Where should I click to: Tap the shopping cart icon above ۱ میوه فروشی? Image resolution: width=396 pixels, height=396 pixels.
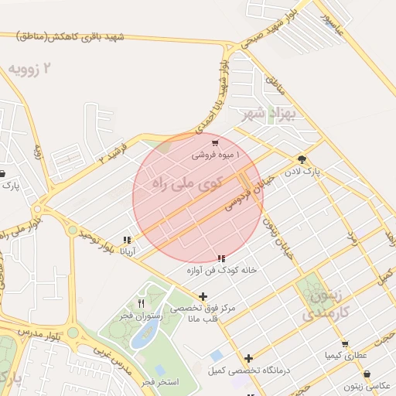pyautogui.click(x=215, y=143)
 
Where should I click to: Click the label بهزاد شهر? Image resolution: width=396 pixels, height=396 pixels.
pyautogui.click(x=269, y=116)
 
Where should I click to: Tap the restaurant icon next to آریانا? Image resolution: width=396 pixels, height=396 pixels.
pyautogui.click(x=127, y=241)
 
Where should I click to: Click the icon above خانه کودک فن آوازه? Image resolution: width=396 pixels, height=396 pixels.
pyautogui.click(x=222, y=258)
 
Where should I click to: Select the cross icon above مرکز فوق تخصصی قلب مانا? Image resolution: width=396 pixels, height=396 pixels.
pyautogui.click(x=203, y=296)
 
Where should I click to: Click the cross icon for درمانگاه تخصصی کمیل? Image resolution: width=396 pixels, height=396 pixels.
pyautogui.click(x=248, y=358)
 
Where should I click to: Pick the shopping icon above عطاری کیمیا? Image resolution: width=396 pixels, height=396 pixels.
pyautogui.click(x=345, y=343)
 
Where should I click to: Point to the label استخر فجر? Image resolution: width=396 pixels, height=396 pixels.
pyautogui.click(x=161, y=383)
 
